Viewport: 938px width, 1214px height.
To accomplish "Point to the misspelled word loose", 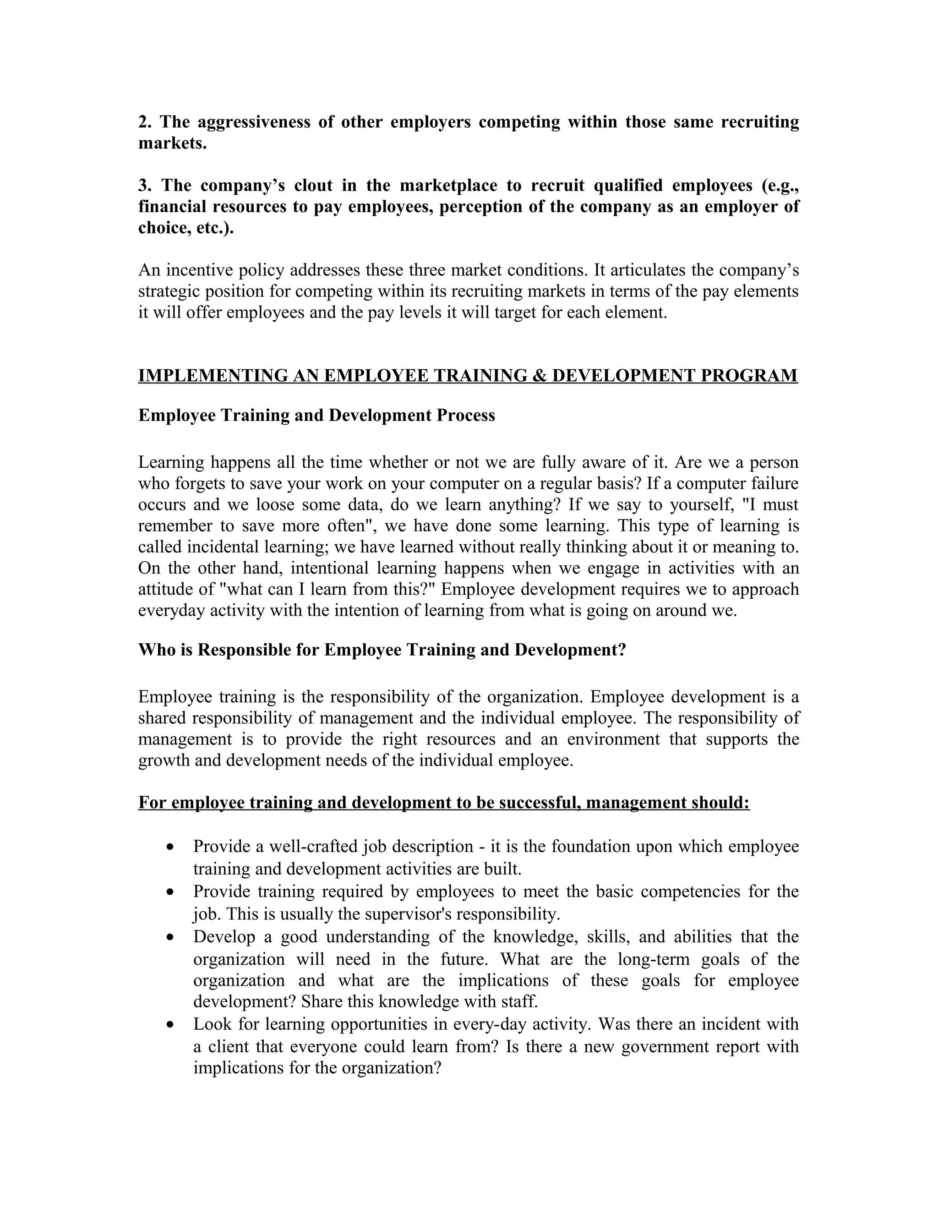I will (x=279, y=505).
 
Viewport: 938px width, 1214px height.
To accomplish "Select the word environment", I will (x=613, y=739).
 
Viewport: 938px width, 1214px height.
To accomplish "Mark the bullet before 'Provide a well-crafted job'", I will (x=170, y=847).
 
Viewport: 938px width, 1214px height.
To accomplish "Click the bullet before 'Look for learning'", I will (x=170, y=1024).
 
